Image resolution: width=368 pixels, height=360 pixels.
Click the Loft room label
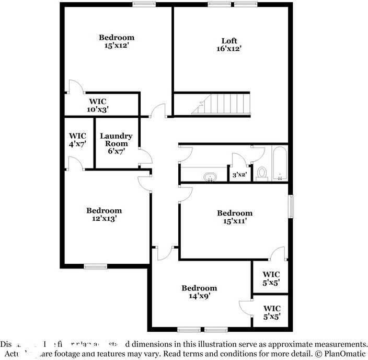tap(229, 41)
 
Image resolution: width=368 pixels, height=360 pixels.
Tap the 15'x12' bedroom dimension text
tap(117, 46)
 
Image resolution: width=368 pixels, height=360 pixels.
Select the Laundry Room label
tap(116, 140)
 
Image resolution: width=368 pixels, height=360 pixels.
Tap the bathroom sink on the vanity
tap(210, 176)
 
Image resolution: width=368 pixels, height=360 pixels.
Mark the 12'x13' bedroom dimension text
tap(104, 219)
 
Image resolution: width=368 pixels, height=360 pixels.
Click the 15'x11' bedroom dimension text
tap(235, 221)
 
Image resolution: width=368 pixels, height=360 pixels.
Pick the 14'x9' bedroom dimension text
tap(199, 296)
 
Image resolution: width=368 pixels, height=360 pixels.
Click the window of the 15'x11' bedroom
tap(290, 206)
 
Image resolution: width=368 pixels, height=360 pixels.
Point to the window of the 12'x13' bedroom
tap(95, 266)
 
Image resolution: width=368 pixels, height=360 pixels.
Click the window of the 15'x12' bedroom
tap(144, 4)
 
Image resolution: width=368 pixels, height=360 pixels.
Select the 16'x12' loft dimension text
tap(229, 49)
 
